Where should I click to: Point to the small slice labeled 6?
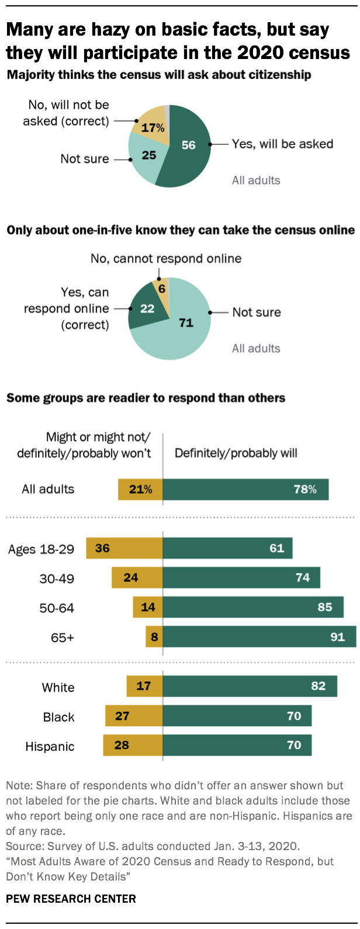[x=161, y=289]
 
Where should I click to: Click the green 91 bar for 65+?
[x=259, y=637]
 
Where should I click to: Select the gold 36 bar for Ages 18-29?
[x=124, y=549]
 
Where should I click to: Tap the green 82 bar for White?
[x=250, y=686]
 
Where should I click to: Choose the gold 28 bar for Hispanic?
[x=133, y=745]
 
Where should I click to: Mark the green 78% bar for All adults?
[x=245, y=490]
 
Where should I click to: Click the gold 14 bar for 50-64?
[x=148, y=607]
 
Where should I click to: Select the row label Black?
[x=58, y=717]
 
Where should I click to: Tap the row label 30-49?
[x=57, y=578]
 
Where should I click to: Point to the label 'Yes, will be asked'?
[x=282, y=144]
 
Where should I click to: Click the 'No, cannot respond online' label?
[x=166, y=258]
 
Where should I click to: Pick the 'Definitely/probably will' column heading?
[x=236, y=453]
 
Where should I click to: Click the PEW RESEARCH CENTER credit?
[x=71, y=899]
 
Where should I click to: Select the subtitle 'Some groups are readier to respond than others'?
[x=146, y=398]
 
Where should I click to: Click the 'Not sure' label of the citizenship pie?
[x=84, y=159]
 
